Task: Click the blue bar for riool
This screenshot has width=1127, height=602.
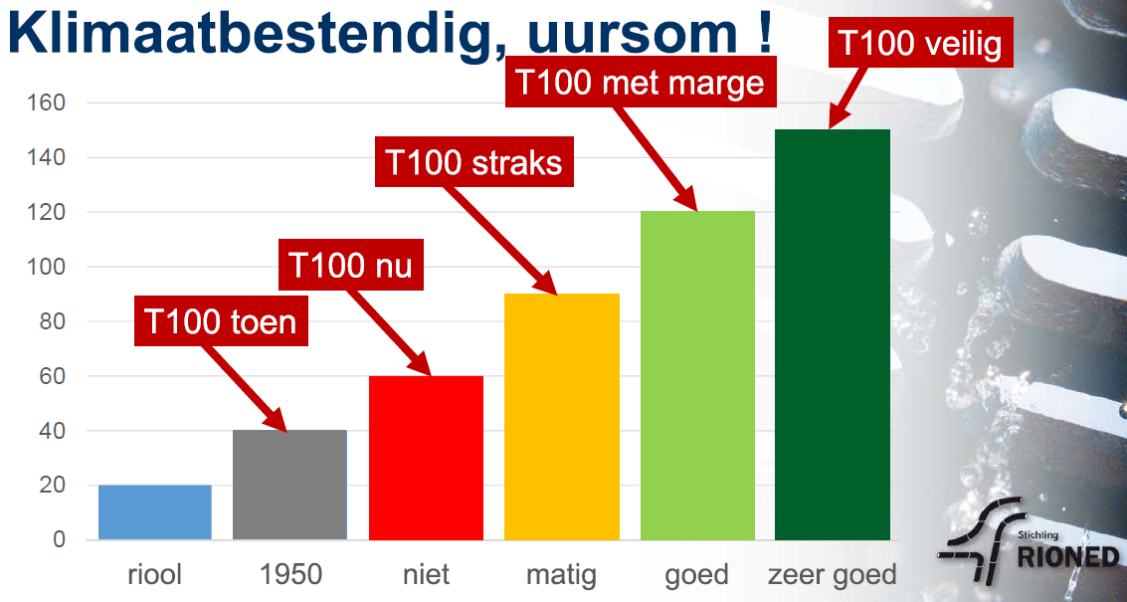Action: [155, 512]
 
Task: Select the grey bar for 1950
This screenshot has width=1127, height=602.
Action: [289, 485]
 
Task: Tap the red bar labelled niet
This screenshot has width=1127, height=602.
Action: [426, 458]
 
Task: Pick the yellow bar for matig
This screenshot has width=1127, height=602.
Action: [561, 417]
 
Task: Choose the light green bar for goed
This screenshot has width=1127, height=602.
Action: [697, 375]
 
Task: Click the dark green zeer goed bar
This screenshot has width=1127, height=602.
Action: [833, 334]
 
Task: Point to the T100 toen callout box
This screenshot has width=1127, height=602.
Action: [221, 322]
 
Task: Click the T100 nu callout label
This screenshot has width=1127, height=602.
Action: [350, 266]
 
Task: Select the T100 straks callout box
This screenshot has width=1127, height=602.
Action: [474, 162]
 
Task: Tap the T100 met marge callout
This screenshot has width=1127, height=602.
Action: [640, 83]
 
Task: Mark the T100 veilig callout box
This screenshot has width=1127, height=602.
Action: [921, 43]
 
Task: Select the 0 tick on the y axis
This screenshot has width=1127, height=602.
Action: [60, 540]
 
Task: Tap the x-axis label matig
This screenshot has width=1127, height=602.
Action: [561, 575]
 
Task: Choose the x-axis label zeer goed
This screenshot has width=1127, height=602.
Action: [833, 576]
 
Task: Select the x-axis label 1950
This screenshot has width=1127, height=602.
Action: [289, 575]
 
